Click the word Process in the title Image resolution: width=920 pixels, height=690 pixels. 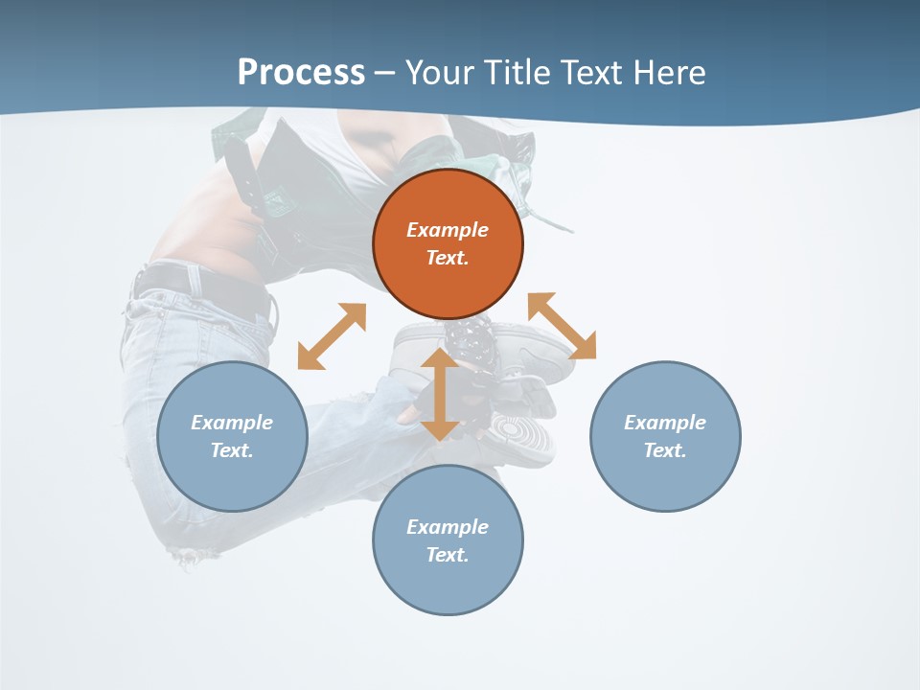coord(301,73)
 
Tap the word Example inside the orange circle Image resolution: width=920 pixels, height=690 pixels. coord(448,230)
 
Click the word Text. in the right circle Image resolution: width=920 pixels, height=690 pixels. coord(665,450)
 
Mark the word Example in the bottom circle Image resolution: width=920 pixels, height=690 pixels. coord(448,527)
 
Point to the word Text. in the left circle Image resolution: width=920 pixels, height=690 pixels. coord(232,450)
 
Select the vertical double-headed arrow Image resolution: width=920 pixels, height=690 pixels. coord(439,395)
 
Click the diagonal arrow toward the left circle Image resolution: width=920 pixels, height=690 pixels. coord(332,336)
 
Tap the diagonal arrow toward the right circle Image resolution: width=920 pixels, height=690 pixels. coord(562,326)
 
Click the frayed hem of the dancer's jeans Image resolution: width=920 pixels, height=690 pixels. coord(192,554)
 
